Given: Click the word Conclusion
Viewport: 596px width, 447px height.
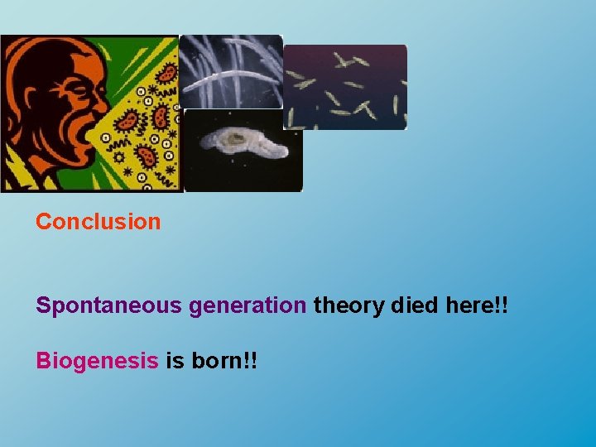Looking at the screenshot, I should (98, 222).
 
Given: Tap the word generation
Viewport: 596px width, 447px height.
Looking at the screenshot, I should (247, 305).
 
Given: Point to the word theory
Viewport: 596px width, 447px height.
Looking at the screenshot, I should (348, 305).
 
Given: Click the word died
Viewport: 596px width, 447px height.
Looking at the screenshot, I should (416, 305).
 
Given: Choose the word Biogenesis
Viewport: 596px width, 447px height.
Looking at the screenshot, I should (97, 361).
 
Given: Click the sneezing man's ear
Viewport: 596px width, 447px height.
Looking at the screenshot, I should (29, 116).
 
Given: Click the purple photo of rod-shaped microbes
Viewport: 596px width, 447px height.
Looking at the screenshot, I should (345, 87).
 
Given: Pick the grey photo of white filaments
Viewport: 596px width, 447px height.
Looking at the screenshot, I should (231, 72).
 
